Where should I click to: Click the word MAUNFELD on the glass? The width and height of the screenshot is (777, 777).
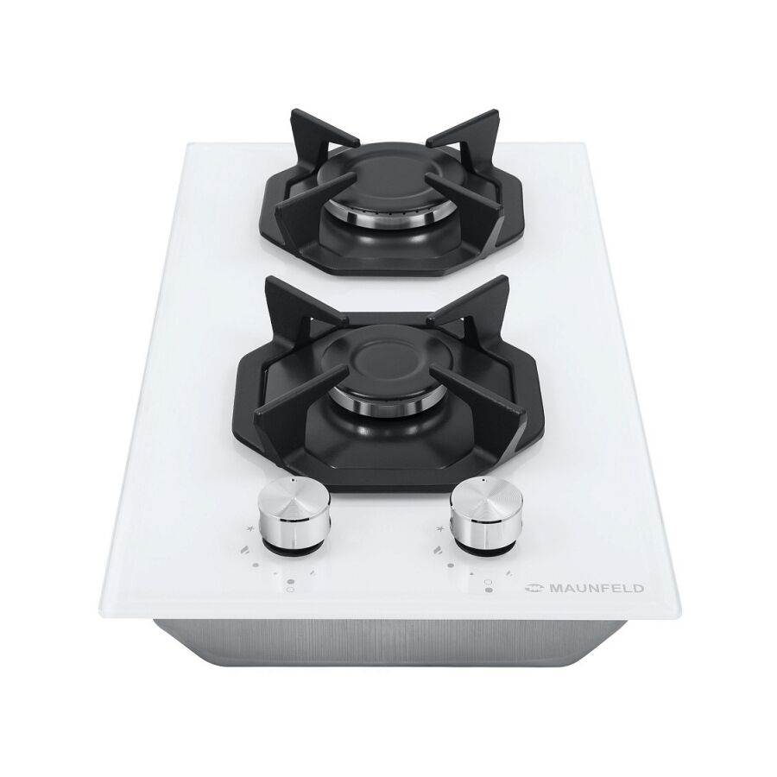pyautogui.click(x=595, y=589)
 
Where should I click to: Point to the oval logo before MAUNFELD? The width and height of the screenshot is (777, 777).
pyautogui.click(x=534, y=589)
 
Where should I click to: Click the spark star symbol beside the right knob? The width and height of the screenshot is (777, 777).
pyautogui.click(x=439, y=529)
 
